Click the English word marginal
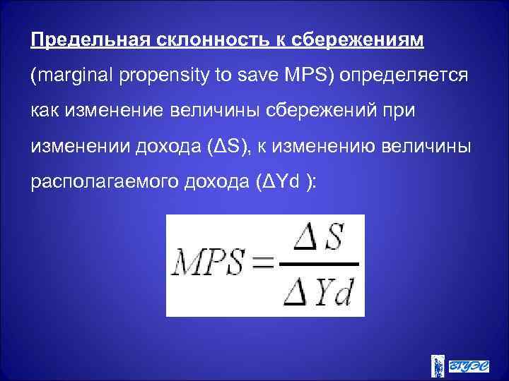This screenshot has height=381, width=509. pyautogui.click(x=69, y=75)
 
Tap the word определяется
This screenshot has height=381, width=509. pyautogui.click(x=404, y=75)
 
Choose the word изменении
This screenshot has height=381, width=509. pyautogui.click(x=78, y=148)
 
